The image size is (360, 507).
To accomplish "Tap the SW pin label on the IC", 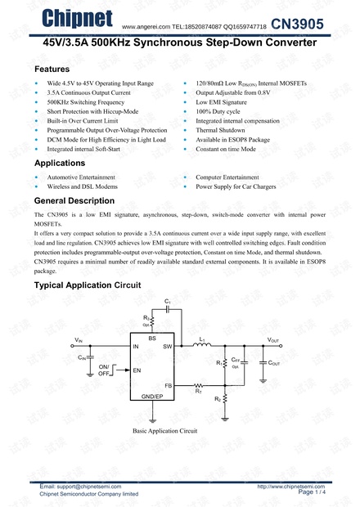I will pos(167,348).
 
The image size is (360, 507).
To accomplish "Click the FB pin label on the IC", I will pos(168,385).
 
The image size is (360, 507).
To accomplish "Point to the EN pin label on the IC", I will pos(137,370).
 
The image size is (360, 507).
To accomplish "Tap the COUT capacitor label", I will pos(274,362).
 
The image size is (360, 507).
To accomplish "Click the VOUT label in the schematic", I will pos(273,339).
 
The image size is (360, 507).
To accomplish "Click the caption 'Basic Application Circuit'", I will pos(165,430).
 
